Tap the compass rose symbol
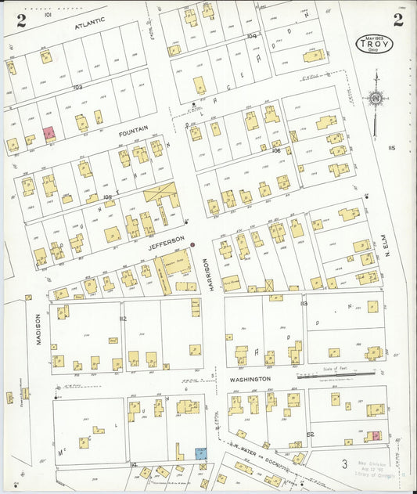click(376, 99)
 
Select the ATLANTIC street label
click(88, 26)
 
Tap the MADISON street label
click(37, 329)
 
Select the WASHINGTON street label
click(250, 379)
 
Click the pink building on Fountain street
click(49, 135)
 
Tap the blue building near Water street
click(201, 453)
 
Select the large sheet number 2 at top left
click(21, 20)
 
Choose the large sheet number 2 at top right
click(397, 20)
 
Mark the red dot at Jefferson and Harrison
click(192, 244)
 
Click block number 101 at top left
click(48, 15)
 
